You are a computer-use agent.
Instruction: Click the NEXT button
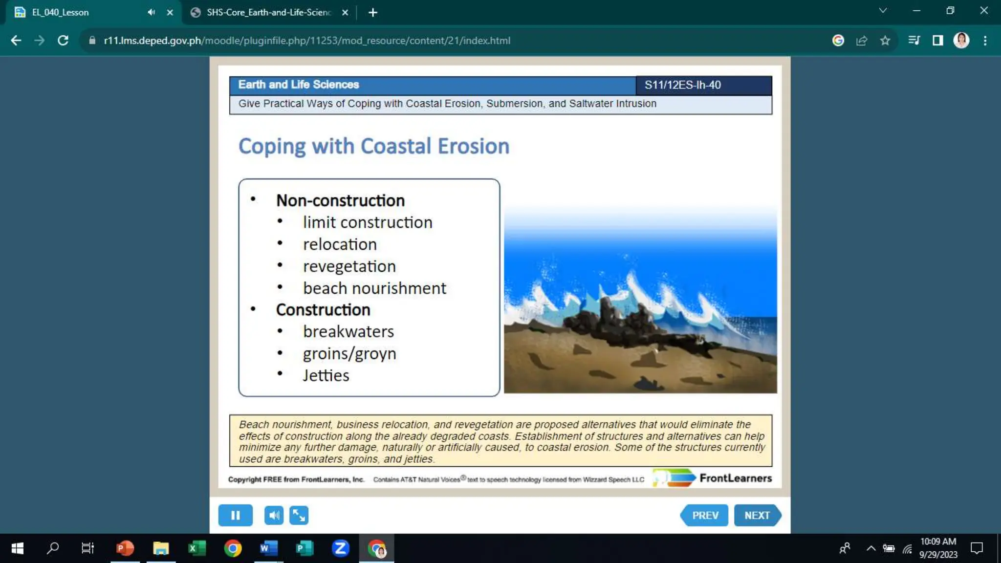[x=757, y=515]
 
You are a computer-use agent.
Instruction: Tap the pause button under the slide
[x=235, y=515]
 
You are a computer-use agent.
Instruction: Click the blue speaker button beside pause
[x=274, y=515]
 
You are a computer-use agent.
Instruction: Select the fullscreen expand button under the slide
[x=299, y=515]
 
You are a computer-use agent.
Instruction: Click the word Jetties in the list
[x=326, y=375]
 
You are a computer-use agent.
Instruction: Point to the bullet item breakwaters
[x=348, y=331]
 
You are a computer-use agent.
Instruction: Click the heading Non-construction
[x=340, y=200]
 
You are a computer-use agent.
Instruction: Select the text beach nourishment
[x=374, y=288]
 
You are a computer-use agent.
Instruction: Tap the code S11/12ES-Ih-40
[x=682, y=85]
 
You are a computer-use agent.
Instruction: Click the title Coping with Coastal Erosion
[x=373, y=146]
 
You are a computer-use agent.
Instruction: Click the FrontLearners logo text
[x=735, y=478]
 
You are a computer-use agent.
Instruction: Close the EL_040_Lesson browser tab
[x=170, y=12]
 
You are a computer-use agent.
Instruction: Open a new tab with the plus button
[x=372, y=12]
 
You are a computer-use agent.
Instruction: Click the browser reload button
[x=63, y=41]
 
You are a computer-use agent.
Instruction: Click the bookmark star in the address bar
[x=885, y=41]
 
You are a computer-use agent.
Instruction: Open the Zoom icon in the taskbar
[x=340, y=548]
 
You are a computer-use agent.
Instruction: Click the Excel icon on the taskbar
[x=196, y=548]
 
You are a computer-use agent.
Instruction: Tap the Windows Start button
[x=18, y=548]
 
